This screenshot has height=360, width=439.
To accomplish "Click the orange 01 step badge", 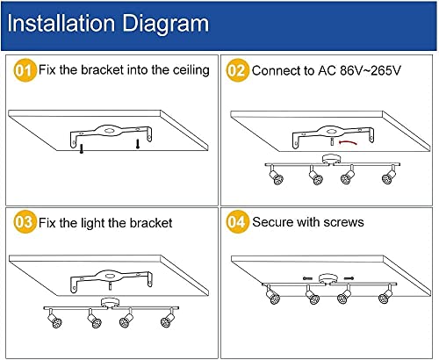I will (24, 70).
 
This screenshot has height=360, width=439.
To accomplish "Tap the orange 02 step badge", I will (237, 70).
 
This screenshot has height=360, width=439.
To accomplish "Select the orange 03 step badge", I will (24, 222).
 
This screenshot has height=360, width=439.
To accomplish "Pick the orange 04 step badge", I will (237, 222).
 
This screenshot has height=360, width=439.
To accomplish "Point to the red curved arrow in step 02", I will (352, 140).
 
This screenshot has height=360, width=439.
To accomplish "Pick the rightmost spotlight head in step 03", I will (164, 322).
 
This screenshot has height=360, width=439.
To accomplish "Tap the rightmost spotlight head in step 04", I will (384, 299).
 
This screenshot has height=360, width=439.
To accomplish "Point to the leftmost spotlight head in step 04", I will (275, 299).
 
